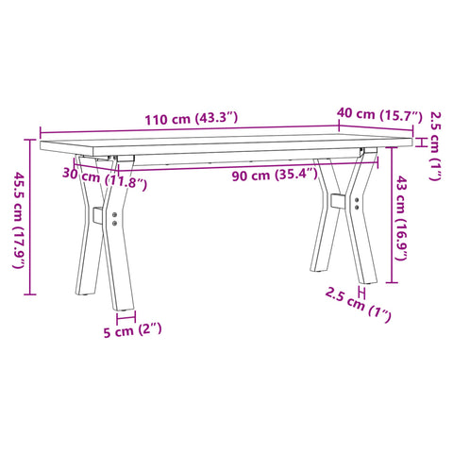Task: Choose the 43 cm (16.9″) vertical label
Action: coord(404,217)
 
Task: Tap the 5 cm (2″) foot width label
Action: coord(131,329)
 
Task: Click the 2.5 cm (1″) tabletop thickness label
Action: coord(435,144)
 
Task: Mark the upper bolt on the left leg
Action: coord(114,215)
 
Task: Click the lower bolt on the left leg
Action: coord(115,224)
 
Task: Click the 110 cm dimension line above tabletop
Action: coord(189,130)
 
